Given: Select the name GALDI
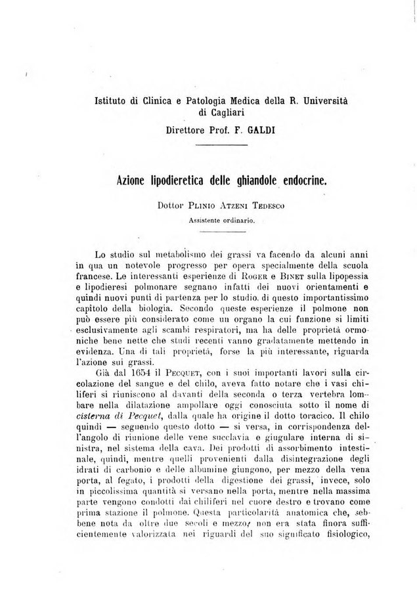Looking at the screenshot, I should click(262, 130).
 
